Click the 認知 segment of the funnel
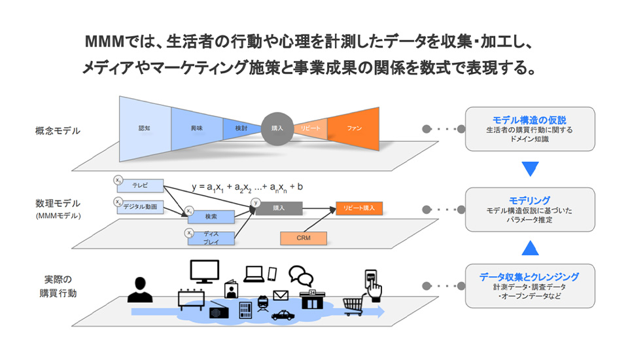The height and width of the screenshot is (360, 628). [x=145, y=128]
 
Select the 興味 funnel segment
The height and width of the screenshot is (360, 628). [x=197, y=128]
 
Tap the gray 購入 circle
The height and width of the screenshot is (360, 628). [x=277, y=128]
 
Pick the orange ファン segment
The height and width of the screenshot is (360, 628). [x=354, y=128]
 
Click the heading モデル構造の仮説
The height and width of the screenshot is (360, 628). [x=529, y=120]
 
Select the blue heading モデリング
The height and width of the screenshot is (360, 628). [x=529, y=200]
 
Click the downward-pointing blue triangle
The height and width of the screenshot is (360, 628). [x=529, y=168]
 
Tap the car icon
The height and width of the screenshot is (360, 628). [x=283, y=315]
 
